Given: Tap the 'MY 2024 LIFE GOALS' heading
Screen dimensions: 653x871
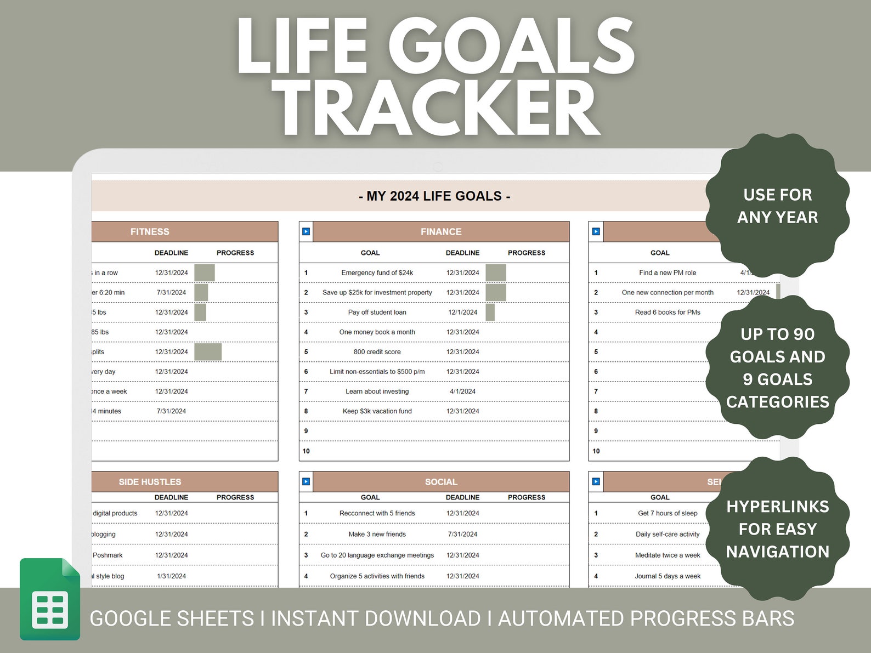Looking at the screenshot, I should coord(434,196).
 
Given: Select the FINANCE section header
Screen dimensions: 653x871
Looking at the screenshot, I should coord(441,232).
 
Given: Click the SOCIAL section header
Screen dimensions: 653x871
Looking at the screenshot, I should coord(441,482).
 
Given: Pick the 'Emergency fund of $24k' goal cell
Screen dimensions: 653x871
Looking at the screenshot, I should coord(377,272).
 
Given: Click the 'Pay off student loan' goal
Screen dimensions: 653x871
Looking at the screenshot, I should coord(377,313).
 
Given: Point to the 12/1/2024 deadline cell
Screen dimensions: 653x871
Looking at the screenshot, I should coord(462,313).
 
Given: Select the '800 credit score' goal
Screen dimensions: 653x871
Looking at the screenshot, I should coord(377,352).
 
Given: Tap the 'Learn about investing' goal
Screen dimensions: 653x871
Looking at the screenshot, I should coord(377,391).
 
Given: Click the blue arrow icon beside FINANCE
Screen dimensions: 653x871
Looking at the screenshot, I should coord(306,232).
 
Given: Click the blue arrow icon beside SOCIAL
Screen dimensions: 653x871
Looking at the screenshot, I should coord(306,482).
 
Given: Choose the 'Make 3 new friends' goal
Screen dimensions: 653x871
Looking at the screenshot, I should coord(377,535).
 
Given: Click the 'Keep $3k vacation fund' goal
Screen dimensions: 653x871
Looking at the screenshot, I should coord(377,411).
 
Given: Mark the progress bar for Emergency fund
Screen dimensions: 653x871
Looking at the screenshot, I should coord(496,272).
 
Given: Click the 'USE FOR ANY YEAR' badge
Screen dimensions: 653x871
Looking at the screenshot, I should coord(777,206).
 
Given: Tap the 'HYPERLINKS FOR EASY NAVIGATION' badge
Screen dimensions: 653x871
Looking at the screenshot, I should coord(777,529).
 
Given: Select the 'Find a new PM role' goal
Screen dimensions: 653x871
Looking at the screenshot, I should coord(668,272).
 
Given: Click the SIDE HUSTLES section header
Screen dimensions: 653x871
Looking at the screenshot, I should coord(150,482).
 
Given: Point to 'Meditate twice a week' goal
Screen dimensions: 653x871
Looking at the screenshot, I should coord(668,555).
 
